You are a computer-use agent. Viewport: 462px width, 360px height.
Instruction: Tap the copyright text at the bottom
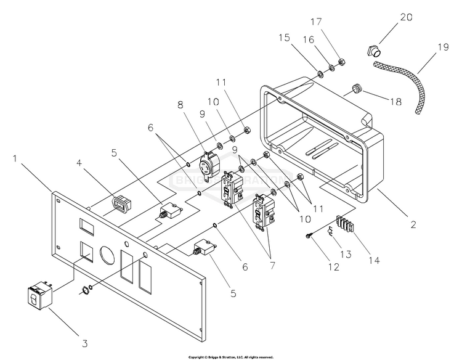pos(231,357)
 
